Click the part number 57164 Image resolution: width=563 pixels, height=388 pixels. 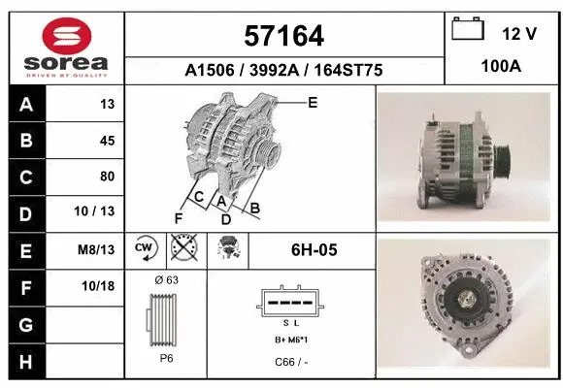(284, 37)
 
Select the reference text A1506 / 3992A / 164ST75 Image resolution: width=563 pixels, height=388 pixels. (284, 70)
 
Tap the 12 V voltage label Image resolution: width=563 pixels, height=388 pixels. (519, 34)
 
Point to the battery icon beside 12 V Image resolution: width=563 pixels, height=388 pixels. (468, 30)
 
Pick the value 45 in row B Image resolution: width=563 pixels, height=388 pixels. (107, 141)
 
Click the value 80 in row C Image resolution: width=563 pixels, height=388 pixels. (107, 177)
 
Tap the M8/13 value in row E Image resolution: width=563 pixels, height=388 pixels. (97, 249)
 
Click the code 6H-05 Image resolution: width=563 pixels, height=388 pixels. (314, 250)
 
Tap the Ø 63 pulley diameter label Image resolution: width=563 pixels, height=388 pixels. (166, 280)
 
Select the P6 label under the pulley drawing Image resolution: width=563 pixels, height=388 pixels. (165, 357)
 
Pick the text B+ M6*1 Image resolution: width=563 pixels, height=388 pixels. (290, 339)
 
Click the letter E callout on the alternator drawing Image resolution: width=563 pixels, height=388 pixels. (313, 102)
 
